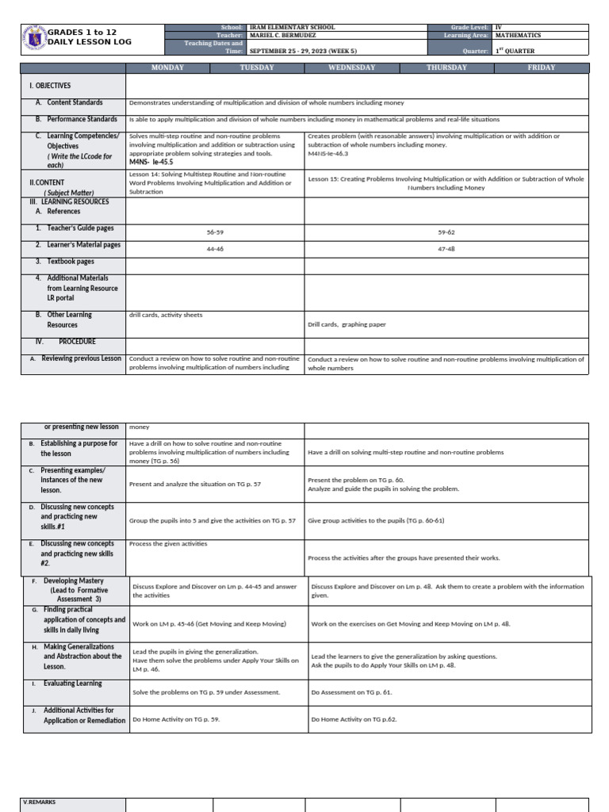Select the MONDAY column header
click(x=167, y=67)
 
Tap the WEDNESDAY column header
click(x=351, y=67)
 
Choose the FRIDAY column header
click(x=542, y=67)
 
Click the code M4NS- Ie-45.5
click(x=150, y=161)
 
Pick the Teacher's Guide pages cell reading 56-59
click(x=215, y=232)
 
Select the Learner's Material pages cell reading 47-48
click(x=446, y=248)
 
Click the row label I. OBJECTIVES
click(x=50, y=85)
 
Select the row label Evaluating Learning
click(x=72, y=684)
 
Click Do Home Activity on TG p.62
click(x=354, y=719)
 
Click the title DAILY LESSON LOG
click(x=89, y=41)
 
